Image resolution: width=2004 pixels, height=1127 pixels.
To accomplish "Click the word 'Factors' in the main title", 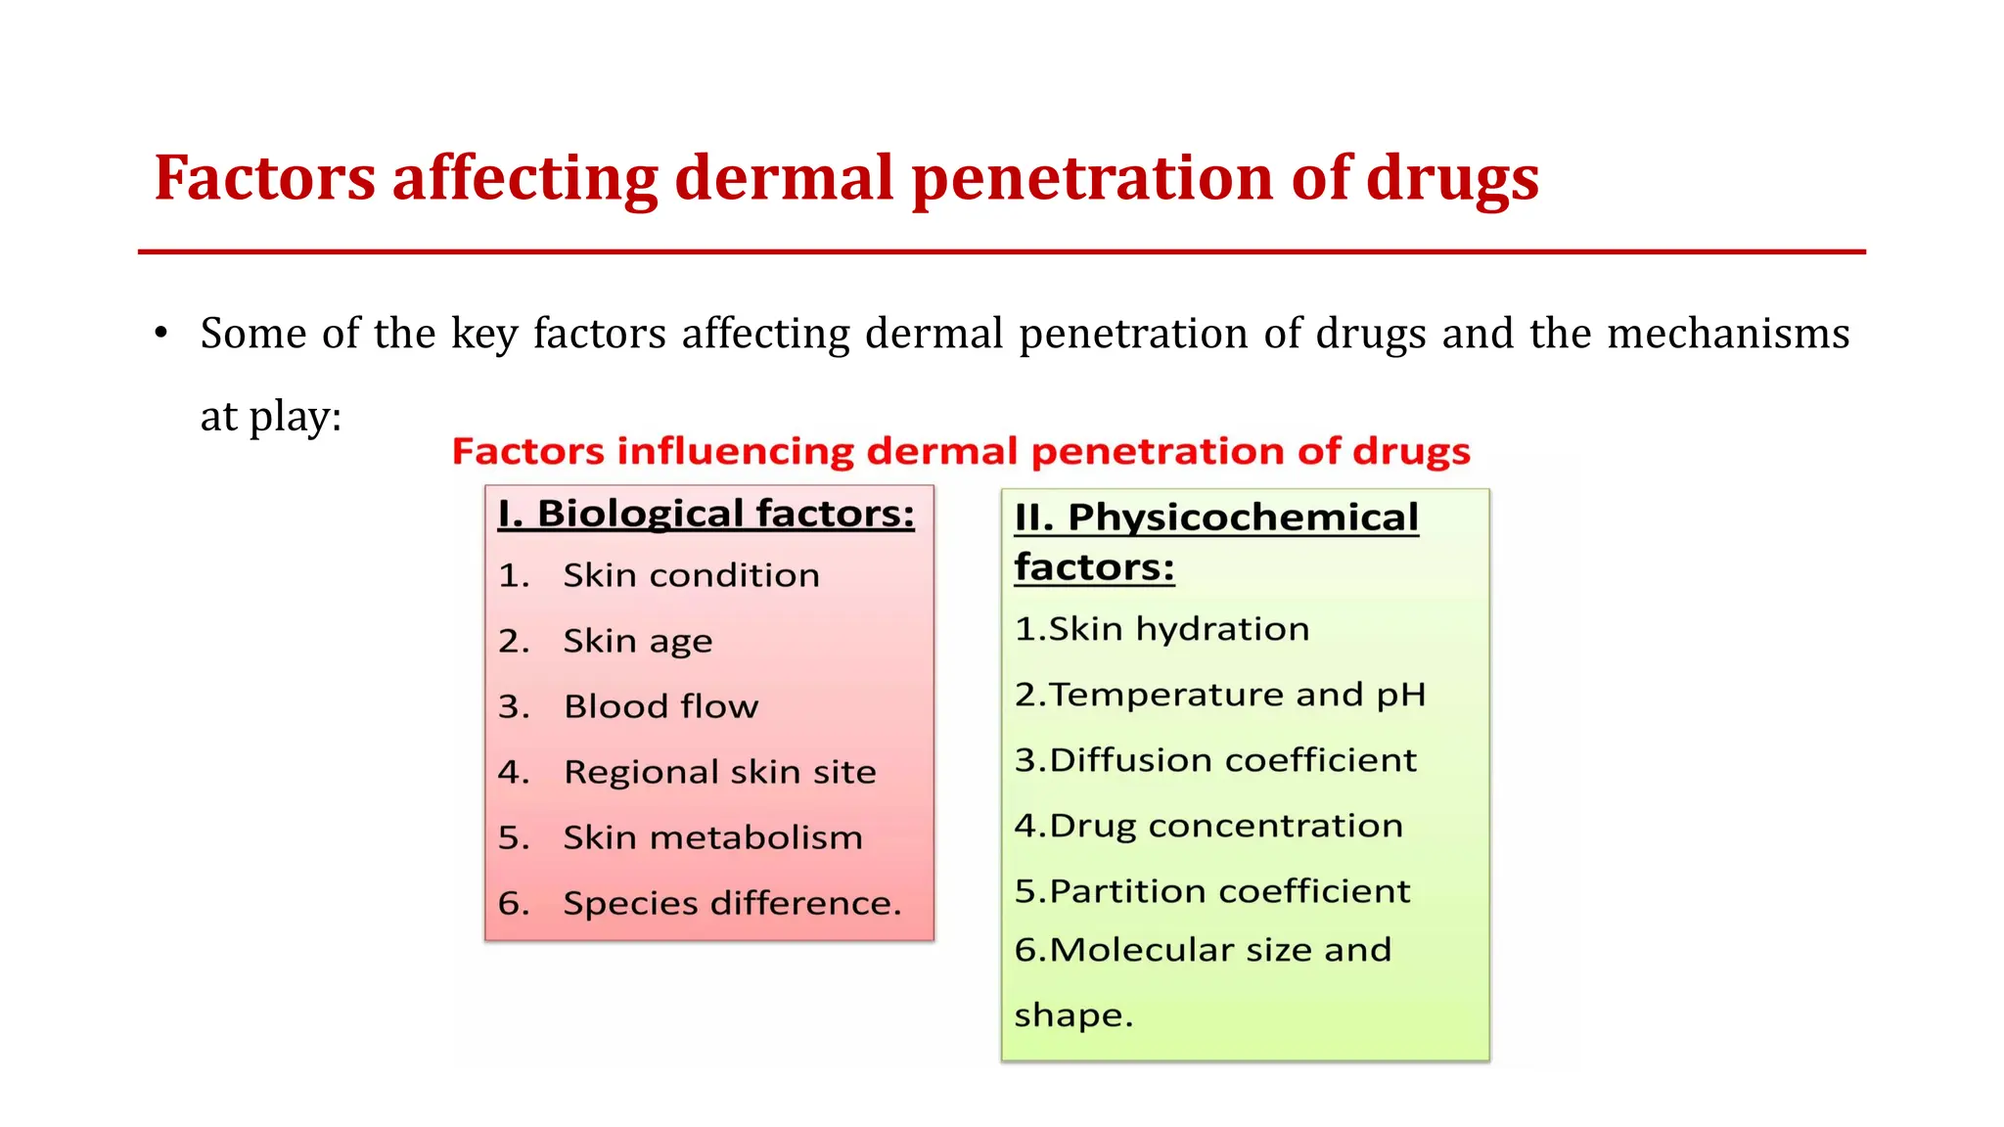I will click(264, 178).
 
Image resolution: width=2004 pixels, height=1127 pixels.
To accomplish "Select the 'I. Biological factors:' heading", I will click(706, 514).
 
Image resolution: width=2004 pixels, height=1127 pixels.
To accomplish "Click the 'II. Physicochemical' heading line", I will click(1216, 518).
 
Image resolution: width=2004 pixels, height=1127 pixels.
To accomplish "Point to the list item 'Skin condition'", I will click(691, 575).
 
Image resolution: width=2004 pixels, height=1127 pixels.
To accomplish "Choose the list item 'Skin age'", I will click(637, 641).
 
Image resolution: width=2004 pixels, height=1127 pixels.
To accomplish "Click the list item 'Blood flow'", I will click(660, 706).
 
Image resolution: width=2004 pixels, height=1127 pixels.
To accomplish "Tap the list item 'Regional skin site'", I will click(719, 772).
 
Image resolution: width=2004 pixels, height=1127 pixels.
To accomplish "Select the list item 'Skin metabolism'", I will click(712, 837).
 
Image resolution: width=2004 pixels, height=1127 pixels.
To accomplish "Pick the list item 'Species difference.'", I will click(732, 903).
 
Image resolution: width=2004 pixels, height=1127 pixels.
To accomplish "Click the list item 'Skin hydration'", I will click(1178, 629).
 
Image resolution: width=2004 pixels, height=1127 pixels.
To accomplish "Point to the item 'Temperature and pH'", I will click(1237, 695).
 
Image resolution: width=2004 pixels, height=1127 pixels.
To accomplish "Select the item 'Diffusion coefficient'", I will click(1232, 760).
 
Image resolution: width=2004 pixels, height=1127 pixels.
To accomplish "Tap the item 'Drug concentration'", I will click(1225, 826).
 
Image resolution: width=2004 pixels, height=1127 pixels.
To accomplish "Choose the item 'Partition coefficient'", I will click(1229, 891).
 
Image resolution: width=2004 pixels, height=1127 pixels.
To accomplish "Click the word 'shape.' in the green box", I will click(1073, 1015).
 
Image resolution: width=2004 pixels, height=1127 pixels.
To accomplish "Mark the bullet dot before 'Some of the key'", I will click(161, 334).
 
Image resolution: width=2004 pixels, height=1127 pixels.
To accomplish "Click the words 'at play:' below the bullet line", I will click(271, 417).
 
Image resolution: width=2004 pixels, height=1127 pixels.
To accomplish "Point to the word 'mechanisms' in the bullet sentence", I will click(1728, 334).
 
